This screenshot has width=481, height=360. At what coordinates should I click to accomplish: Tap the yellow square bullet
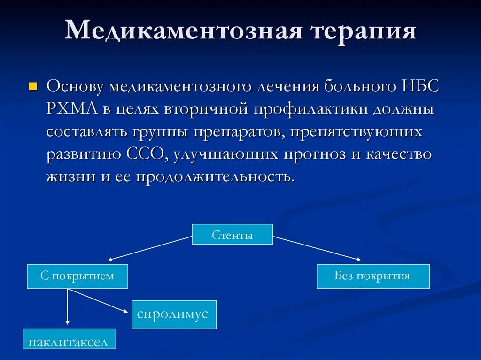pyautogui.click(x=33, y=86)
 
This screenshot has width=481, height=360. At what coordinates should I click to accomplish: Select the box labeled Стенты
pyautogui.click(x=232, y=235)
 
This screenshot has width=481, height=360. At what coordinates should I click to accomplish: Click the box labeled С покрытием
pyautogui.click(x=77, y=276)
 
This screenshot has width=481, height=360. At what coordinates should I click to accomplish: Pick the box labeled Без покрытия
pyautogui.click(x=372, y=276)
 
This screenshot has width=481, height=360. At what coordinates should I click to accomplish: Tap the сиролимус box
pyautogui.click(x=174, y=314)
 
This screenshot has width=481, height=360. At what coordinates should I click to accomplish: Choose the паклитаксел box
pyautogui.click(x=69, y=342)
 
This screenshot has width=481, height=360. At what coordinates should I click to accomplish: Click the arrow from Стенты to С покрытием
pyautogui.click(x=150, y=248)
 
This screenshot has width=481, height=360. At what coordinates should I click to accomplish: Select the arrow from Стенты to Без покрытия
pyautogui.click(x=317, y=248)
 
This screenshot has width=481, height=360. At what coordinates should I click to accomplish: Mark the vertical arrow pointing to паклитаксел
pyautogui.click(x=68, y=307)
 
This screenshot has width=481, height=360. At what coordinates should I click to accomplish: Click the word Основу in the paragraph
pyautogui.click(x=75, y=87)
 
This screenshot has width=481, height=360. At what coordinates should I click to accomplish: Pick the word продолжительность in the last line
pyautogui.click(x=216, y=177)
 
